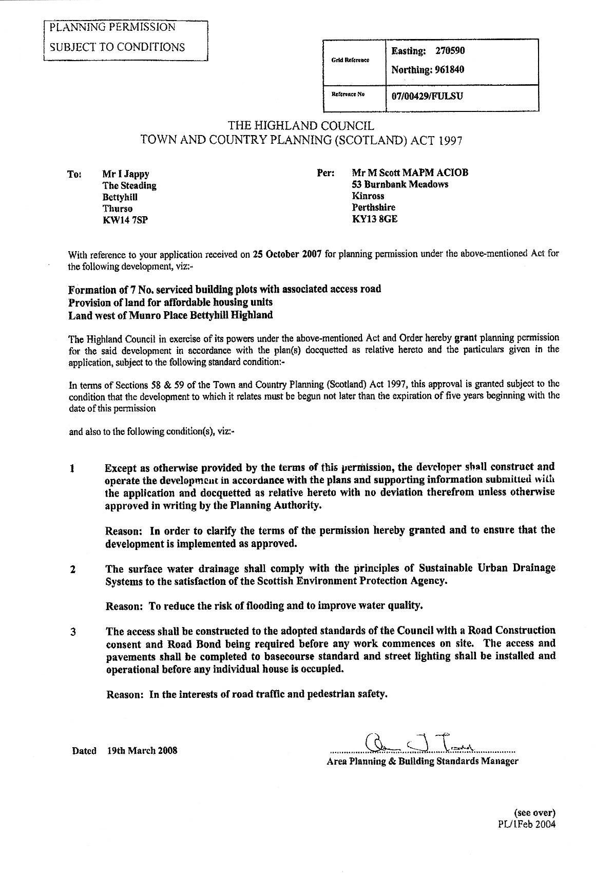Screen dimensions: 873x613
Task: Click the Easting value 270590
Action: [450, 51]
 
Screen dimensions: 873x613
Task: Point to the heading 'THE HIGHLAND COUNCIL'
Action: [301, 126]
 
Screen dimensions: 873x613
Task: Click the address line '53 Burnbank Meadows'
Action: [400, 184]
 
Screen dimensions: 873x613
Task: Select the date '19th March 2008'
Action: [142, 750]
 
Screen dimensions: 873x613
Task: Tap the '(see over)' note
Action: [534, 813]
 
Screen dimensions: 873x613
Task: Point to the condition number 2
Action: [72, 570]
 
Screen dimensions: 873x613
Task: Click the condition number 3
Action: [73, 632]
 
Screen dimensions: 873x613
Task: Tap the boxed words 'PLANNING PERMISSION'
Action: [112, 27]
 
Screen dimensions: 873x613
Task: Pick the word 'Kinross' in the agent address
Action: [368, 196]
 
